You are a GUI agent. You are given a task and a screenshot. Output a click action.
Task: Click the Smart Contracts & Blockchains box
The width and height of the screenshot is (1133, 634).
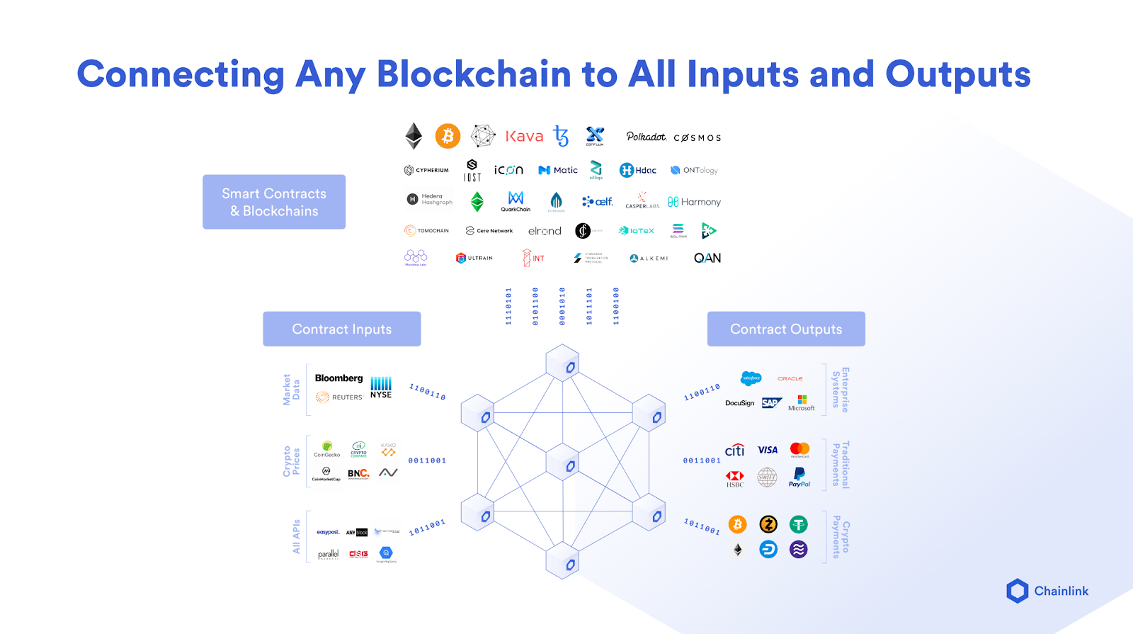coord(274,202)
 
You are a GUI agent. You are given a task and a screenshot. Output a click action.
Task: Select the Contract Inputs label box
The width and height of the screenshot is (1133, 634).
coord(342,329)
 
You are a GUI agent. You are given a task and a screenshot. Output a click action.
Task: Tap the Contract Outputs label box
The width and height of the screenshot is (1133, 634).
coord(786,329)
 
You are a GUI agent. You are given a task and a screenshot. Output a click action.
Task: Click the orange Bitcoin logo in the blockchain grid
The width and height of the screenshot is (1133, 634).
coord(448,136)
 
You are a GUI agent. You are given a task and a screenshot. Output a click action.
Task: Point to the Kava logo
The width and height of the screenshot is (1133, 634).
coord(524,136)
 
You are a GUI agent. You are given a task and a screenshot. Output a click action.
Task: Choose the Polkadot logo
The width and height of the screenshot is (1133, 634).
coord(646,137)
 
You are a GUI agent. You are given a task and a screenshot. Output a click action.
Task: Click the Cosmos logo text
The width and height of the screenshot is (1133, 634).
coord(698,138)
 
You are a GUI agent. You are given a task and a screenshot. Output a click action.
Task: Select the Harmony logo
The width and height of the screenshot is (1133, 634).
coord(694,202)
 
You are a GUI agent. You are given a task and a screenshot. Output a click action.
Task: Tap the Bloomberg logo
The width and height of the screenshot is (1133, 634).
coord(338,378)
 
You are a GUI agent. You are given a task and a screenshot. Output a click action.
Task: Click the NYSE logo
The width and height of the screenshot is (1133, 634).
coord(381,387)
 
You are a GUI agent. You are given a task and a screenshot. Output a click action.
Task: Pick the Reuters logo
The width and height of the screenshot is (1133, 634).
coord(339,397)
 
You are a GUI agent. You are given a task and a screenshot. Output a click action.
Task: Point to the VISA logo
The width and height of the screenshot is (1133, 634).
coord(768,450)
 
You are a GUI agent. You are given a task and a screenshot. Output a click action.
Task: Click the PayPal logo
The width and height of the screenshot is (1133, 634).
coord(799,477)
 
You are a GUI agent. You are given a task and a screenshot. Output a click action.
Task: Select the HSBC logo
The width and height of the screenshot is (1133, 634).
coord(735,479)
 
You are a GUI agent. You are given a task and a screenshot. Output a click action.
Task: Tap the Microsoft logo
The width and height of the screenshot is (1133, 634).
coord(802,403)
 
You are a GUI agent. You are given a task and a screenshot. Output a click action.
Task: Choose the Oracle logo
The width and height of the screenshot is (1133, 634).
coord(790,379)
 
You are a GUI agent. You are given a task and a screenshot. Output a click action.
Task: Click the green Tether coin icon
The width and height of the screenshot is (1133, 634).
coord(799,524)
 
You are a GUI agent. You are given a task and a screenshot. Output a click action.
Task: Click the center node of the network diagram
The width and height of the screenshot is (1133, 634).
coord(564,464)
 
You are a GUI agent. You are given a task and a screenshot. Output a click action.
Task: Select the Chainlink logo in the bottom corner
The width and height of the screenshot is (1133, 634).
coord(1047,591)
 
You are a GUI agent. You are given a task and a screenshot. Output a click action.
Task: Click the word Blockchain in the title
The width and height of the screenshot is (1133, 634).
coord(474,74)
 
